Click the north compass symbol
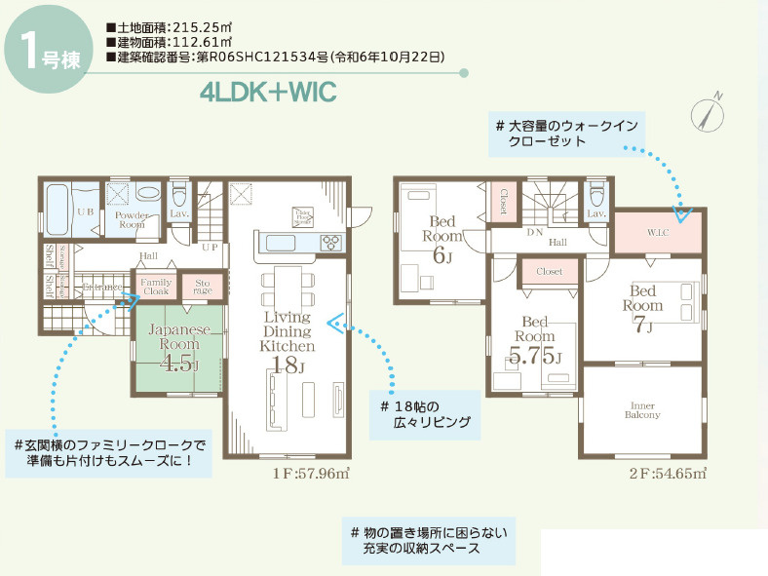[x=709, y=114]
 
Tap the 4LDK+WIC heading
[x=267, y=93]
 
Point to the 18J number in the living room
[x=288, y=366]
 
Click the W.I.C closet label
[x=658, y=232]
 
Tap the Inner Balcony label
[x=642, y=409]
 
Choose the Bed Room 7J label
[x=643, y=308]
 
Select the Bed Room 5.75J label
[x=536, y=341]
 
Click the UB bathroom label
[x=85, y=211]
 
